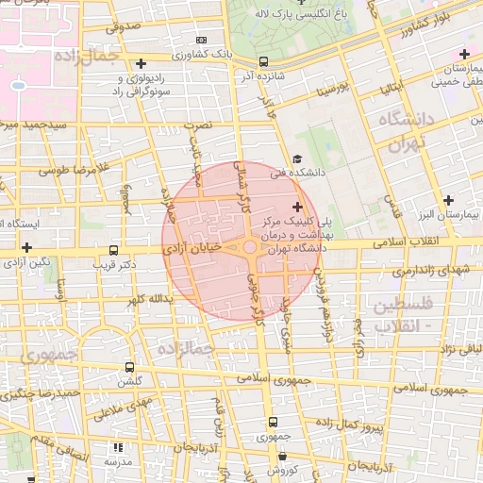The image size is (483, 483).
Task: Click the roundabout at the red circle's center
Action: pos(250,248)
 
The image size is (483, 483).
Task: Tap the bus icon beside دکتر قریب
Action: pos(114,251)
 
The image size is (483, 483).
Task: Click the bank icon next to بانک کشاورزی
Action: pos(201,41)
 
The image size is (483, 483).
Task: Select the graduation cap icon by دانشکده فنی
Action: pos(298,159)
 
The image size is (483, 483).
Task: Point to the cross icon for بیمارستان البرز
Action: pos(449,200)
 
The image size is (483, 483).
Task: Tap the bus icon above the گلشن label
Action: pos(129,367)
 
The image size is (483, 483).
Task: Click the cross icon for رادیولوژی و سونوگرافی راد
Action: pos(141,64)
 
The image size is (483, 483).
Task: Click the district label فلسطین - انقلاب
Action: pos(403,314)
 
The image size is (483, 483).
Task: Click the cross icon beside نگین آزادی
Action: pos(27,247)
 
